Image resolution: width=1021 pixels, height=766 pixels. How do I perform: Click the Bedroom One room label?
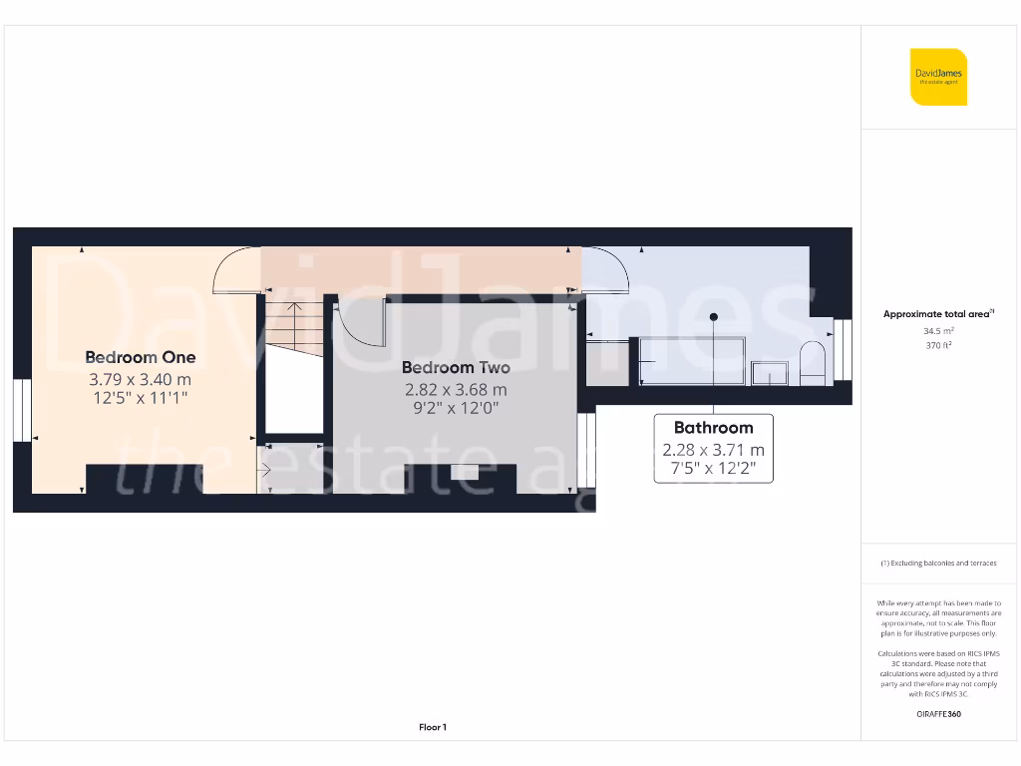pos(140,357)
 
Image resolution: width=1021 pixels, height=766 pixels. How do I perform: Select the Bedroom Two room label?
pos(456,368)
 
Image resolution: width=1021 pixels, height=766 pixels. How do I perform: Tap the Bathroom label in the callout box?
pos(713,428)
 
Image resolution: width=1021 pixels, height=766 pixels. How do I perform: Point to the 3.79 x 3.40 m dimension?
pos(140,379)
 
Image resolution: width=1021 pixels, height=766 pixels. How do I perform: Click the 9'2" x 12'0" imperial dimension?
pos(456,408)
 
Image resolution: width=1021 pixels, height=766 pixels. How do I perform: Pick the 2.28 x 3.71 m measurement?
pos(713,450)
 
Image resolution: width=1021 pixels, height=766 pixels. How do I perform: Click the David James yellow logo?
pos(938,77)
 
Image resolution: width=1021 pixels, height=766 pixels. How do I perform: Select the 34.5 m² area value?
pos(938,330)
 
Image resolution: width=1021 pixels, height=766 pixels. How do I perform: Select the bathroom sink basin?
pos(770,373)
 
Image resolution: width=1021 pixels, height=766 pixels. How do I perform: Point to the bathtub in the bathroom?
pos(692,360)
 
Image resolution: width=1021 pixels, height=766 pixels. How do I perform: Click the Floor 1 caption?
pos(433,728)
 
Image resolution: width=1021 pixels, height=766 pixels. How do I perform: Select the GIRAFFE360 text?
pos(938,714)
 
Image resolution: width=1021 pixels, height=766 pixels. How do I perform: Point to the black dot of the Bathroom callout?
pos(714,317)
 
